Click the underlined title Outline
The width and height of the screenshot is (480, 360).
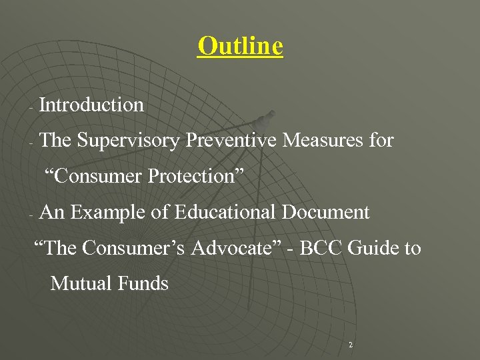(x=240, y=46)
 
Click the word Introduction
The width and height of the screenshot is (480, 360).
(x=92, y=105)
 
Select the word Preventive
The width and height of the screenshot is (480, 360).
(x=231, y=141)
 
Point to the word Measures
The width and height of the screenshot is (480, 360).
(x=320, y=141)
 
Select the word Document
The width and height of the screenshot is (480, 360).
(x=325, y=213)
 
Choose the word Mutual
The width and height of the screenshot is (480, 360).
(x=81, y=284)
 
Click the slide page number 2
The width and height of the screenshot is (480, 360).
(x=351, y=345)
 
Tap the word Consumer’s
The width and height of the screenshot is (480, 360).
(x=134, y=248)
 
